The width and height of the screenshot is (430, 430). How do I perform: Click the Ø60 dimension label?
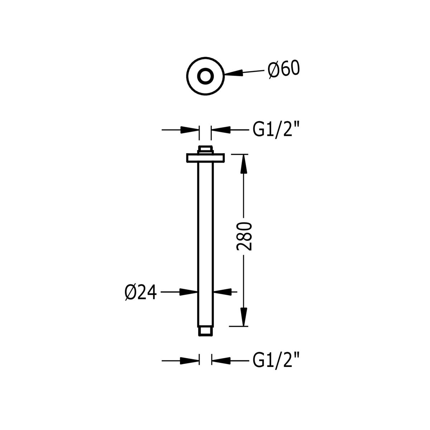point(284,70)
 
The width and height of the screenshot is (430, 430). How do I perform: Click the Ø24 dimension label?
point(140,293)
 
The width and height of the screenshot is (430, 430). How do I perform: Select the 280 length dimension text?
point(244,236)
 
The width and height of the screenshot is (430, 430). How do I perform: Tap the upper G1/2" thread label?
point(276,130)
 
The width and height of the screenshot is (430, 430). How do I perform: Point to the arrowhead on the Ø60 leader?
point(233,74)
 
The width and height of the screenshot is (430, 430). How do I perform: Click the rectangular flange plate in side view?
point(205,158)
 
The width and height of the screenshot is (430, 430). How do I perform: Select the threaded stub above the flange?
point(205,150)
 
